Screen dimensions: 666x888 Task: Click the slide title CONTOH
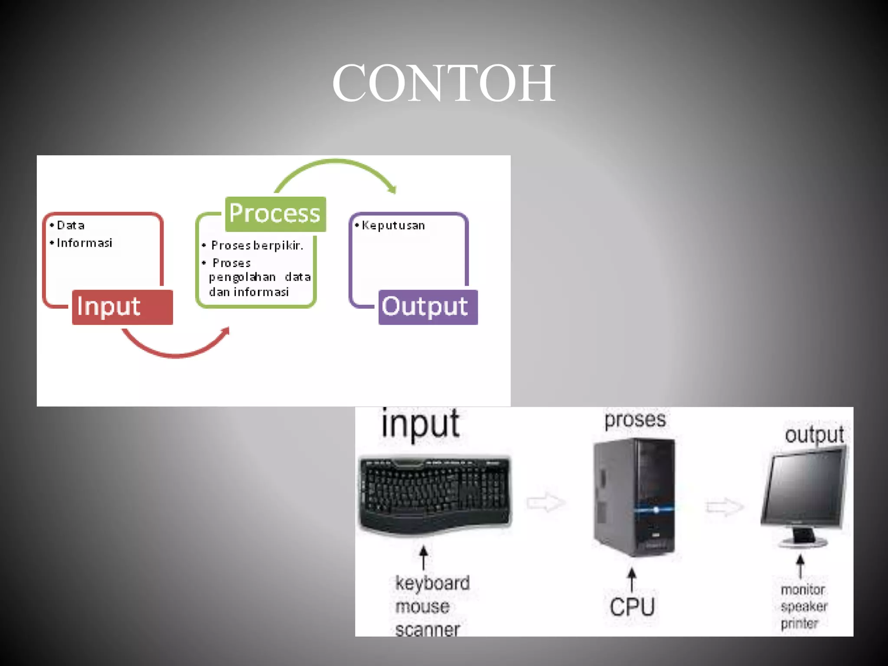coord(443,83)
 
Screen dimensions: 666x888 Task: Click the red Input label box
coord(122,307)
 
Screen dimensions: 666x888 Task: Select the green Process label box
coord(275,214)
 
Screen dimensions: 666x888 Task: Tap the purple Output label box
coord(428,307)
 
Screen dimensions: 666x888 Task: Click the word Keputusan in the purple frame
coord(393,225)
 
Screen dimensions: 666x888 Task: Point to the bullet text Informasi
coord(85,243)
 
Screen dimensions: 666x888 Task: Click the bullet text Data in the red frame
coord(71,225)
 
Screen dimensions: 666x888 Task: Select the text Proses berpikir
coord(257,245)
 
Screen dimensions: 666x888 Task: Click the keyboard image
coord(435,494)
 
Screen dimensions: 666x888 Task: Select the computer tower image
coord(634,496)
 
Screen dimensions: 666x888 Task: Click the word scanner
coord(428,630)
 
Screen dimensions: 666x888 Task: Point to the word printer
coord(799,624)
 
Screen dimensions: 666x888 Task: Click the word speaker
coord(804,606)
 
